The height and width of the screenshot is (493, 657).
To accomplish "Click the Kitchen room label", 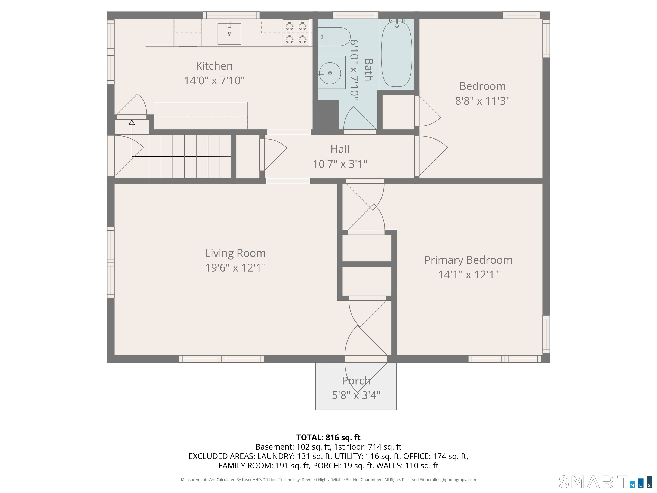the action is (x=214, y=66).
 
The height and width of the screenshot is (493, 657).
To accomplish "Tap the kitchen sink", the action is (x=229, y=34).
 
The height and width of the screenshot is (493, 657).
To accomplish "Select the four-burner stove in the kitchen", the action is (x=296, y=33).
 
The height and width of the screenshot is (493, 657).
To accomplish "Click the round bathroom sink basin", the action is (x=330, y=73).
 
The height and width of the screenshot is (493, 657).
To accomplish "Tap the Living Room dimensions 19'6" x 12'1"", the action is (x=235, y=268).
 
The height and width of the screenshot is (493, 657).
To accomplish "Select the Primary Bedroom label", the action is (x=468, y=260).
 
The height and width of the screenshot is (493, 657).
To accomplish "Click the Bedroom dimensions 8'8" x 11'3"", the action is (x=482, y=101).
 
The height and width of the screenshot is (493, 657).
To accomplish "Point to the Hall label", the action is (x=340, y=149).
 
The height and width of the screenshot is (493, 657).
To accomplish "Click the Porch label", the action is (x=356, y=381).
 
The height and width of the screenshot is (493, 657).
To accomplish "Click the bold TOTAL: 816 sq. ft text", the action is (x=328, y=437).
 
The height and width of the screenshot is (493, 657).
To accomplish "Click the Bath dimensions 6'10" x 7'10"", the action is (x=355, y=70).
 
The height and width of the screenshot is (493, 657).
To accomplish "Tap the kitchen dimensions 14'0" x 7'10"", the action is (x=214, y=80).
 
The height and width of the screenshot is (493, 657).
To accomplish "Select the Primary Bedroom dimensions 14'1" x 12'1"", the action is (x=468, y=275).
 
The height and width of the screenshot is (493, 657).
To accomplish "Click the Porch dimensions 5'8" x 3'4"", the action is (x=356, y=395).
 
